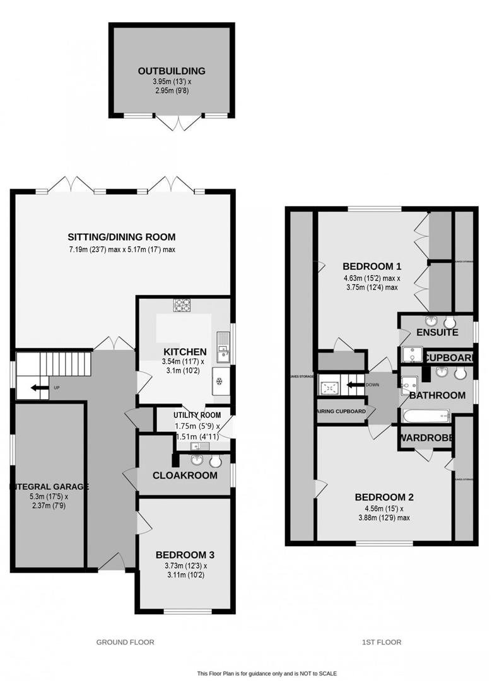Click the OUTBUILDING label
tap(172, 71)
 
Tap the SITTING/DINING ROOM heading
tap(122, 237)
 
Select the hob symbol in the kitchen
tap(182, 305)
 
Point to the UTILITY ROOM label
tap(197, 415)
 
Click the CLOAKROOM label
tap(185, 475)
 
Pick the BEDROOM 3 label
tap(185, 555)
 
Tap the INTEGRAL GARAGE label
tap(49, 487)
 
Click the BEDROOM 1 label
tap(372, 265)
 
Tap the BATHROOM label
tap(437, 395)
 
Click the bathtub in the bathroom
tap(425, 416)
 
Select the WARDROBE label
tap(425, 436)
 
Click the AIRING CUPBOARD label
tap(341, 412)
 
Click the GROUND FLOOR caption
tap(125, 642)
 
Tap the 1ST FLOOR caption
tap(380, 642)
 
